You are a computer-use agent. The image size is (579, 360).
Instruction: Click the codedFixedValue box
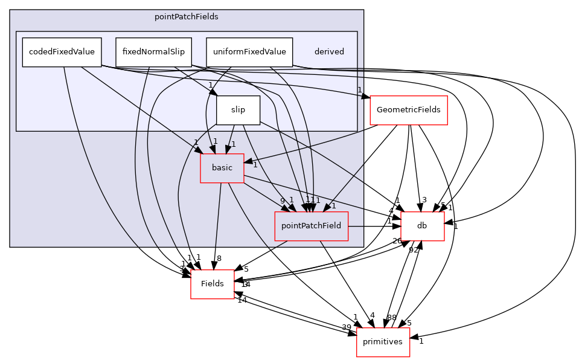pos(62,52)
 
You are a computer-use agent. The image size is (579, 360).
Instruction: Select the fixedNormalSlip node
pos(153,52)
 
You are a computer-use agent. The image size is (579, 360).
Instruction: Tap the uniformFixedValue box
pos(249,52)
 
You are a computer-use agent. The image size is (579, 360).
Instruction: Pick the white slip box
pos(238,110)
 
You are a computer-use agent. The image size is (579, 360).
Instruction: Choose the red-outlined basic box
pos(222,168)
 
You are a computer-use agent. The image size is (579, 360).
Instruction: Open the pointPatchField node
pos(311,226)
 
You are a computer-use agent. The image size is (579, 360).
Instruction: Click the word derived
pos(329,52)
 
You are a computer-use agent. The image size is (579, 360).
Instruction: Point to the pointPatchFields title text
pos(186,17)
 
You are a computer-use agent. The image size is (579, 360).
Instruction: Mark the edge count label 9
pos(282,201)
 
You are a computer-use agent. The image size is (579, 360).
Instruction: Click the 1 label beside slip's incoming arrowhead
pos(210,85)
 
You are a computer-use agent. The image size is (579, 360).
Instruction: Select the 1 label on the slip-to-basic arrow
pos(233,144)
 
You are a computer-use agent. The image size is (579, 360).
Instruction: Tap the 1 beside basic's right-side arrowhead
pos(255,165)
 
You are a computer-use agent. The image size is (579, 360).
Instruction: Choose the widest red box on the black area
pos(408,111)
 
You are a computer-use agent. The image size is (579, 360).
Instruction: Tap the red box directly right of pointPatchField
pos(423,226)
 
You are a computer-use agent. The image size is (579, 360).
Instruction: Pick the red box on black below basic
pos(213,284)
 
